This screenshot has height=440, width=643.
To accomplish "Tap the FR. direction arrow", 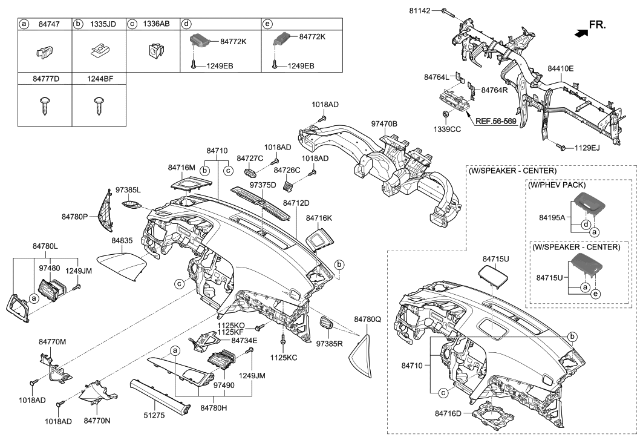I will [x=581, y=34].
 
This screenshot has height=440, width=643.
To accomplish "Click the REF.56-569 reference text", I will [x=495, y=121].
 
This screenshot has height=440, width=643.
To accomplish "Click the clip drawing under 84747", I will [x=43, y=53].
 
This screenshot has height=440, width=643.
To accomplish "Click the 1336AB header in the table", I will [x=155, y=24].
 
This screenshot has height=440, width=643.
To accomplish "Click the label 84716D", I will [x=449, y=413].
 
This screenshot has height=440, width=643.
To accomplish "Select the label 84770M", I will [x=53, y=342].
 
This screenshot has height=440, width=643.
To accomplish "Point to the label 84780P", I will [x=75, y=215].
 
